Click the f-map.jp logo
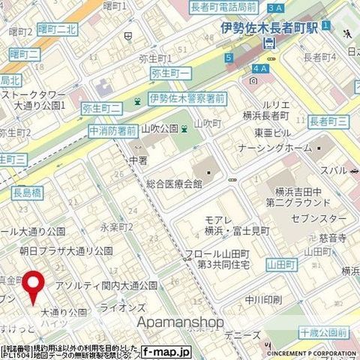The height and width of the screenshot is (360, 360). point(166,351)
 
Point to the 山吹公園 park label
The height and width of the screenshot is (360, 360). point(159,129)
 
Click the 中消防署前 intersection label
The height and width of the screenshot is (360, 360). point(112,130)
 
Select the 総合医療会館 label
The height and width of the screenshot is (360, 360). point(174,183)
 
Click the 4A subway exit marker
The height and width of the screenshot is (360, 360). point(260,69)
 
